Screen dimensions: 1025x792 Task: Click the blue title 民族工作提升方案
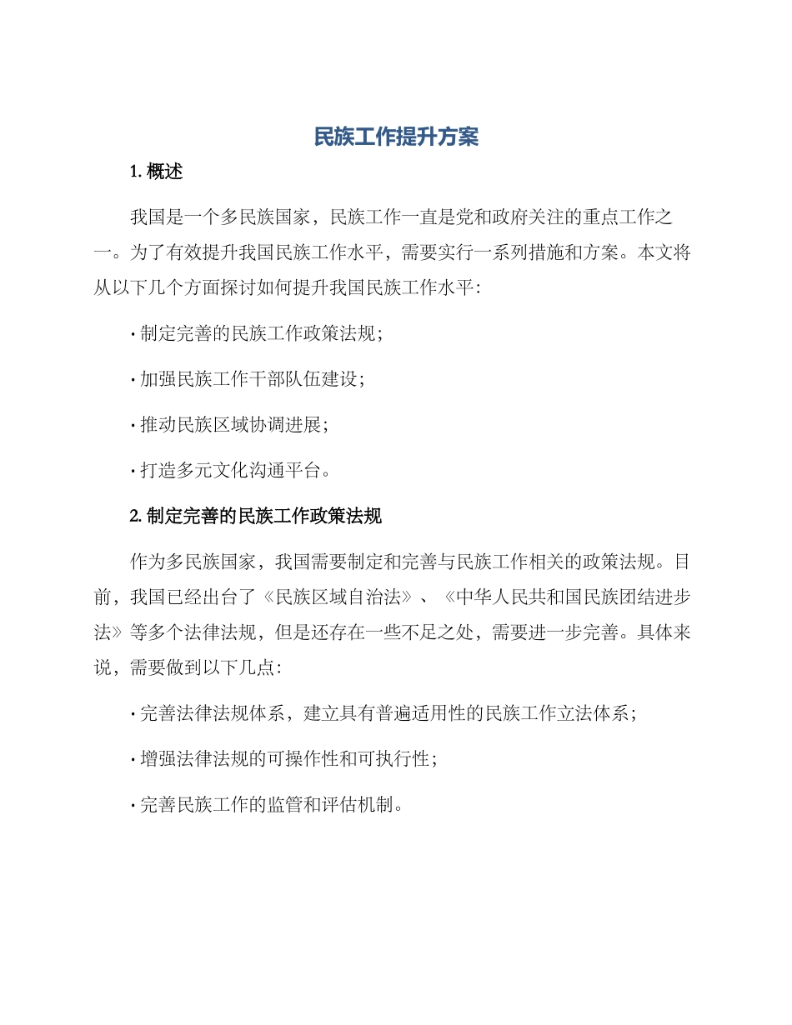click(396, 137)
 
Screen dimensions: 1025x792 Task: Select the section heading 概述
click(164, 172)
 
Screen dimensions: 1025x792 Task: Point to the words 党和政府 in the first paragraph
click(476, 218)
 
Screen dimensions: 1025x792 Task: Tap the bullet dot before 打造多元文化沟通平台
click(133, 472)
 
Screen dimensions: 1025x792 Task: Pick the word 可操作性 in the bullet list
click(323, 759)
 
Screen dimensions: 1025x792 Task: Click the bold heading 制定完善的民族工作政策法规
click(264, 517)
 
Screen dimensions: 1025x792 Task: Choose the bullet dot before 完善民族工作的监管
click(133, 806)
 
